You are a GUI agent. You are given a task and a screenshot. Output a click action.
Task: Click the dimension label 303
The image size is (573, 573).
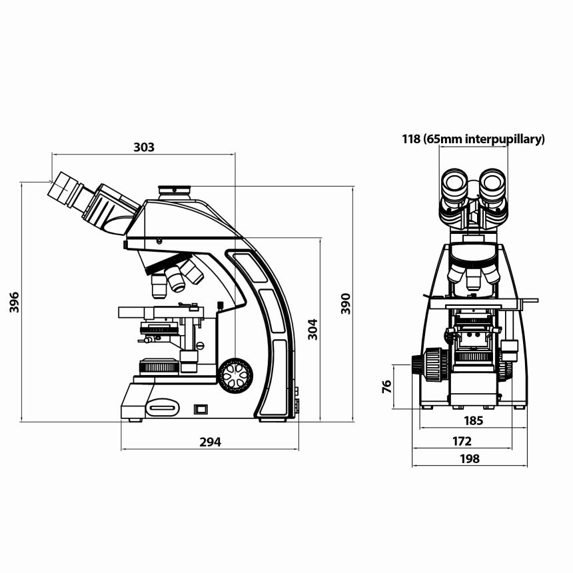pyautogui.click(x=143, y=147)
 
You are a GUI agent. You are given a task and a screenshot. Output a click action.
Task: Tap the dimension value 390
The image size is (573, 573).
pyautogui.click(x=346, y=303)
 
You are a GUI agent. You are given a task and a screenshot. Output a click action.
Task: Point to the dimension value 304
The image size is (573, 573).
pyautogui.click(x=312, y=329)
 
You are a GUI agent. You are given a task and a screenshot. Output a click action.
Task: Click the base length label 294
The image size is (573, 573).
pyautogui.click(x=210, y=441)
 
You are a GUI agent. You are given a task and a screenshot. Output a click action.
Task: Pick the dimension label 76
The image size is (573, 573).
pyautogui.click(x=386, y=387)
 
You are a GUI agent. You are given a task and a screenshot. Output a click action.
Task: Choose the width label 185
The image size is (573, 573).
pyautogui.click(x=473, y=421)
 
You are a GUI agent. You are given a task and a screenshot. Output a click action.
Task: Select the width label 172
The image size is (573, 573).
pyautogui.click(x=462, y=441)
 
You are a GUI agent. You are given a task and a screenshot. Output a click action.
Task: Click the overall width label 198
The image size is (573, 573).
pyautogui.click(x=469, y=458)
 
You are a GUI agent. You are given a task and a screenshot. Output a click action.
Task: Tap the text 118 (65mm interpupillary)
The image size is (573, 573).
pyautogui.click(x=473, y=139)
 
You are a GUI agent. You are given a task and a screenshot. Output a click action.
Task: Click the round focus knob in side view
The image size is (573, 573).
pyautogui.click(x=236, y=375)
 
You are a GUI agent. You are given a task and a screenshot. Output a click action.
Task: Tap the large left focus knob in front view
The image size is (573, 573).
pyautogui.click(x=430, y=365)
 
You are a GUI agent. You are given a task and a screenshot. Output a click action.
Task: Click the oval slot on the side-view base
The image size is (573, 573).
pyautogui.click(x=163, y=408)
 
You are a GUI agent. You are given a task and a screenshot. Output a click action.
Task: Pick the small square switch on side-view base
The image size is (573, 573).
pyautogui.click(x=200, y=409)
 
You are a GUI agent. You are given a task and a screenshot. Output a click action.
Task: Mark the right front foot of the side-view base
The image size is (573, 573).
pyautogui.click(x=273, y=419)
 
